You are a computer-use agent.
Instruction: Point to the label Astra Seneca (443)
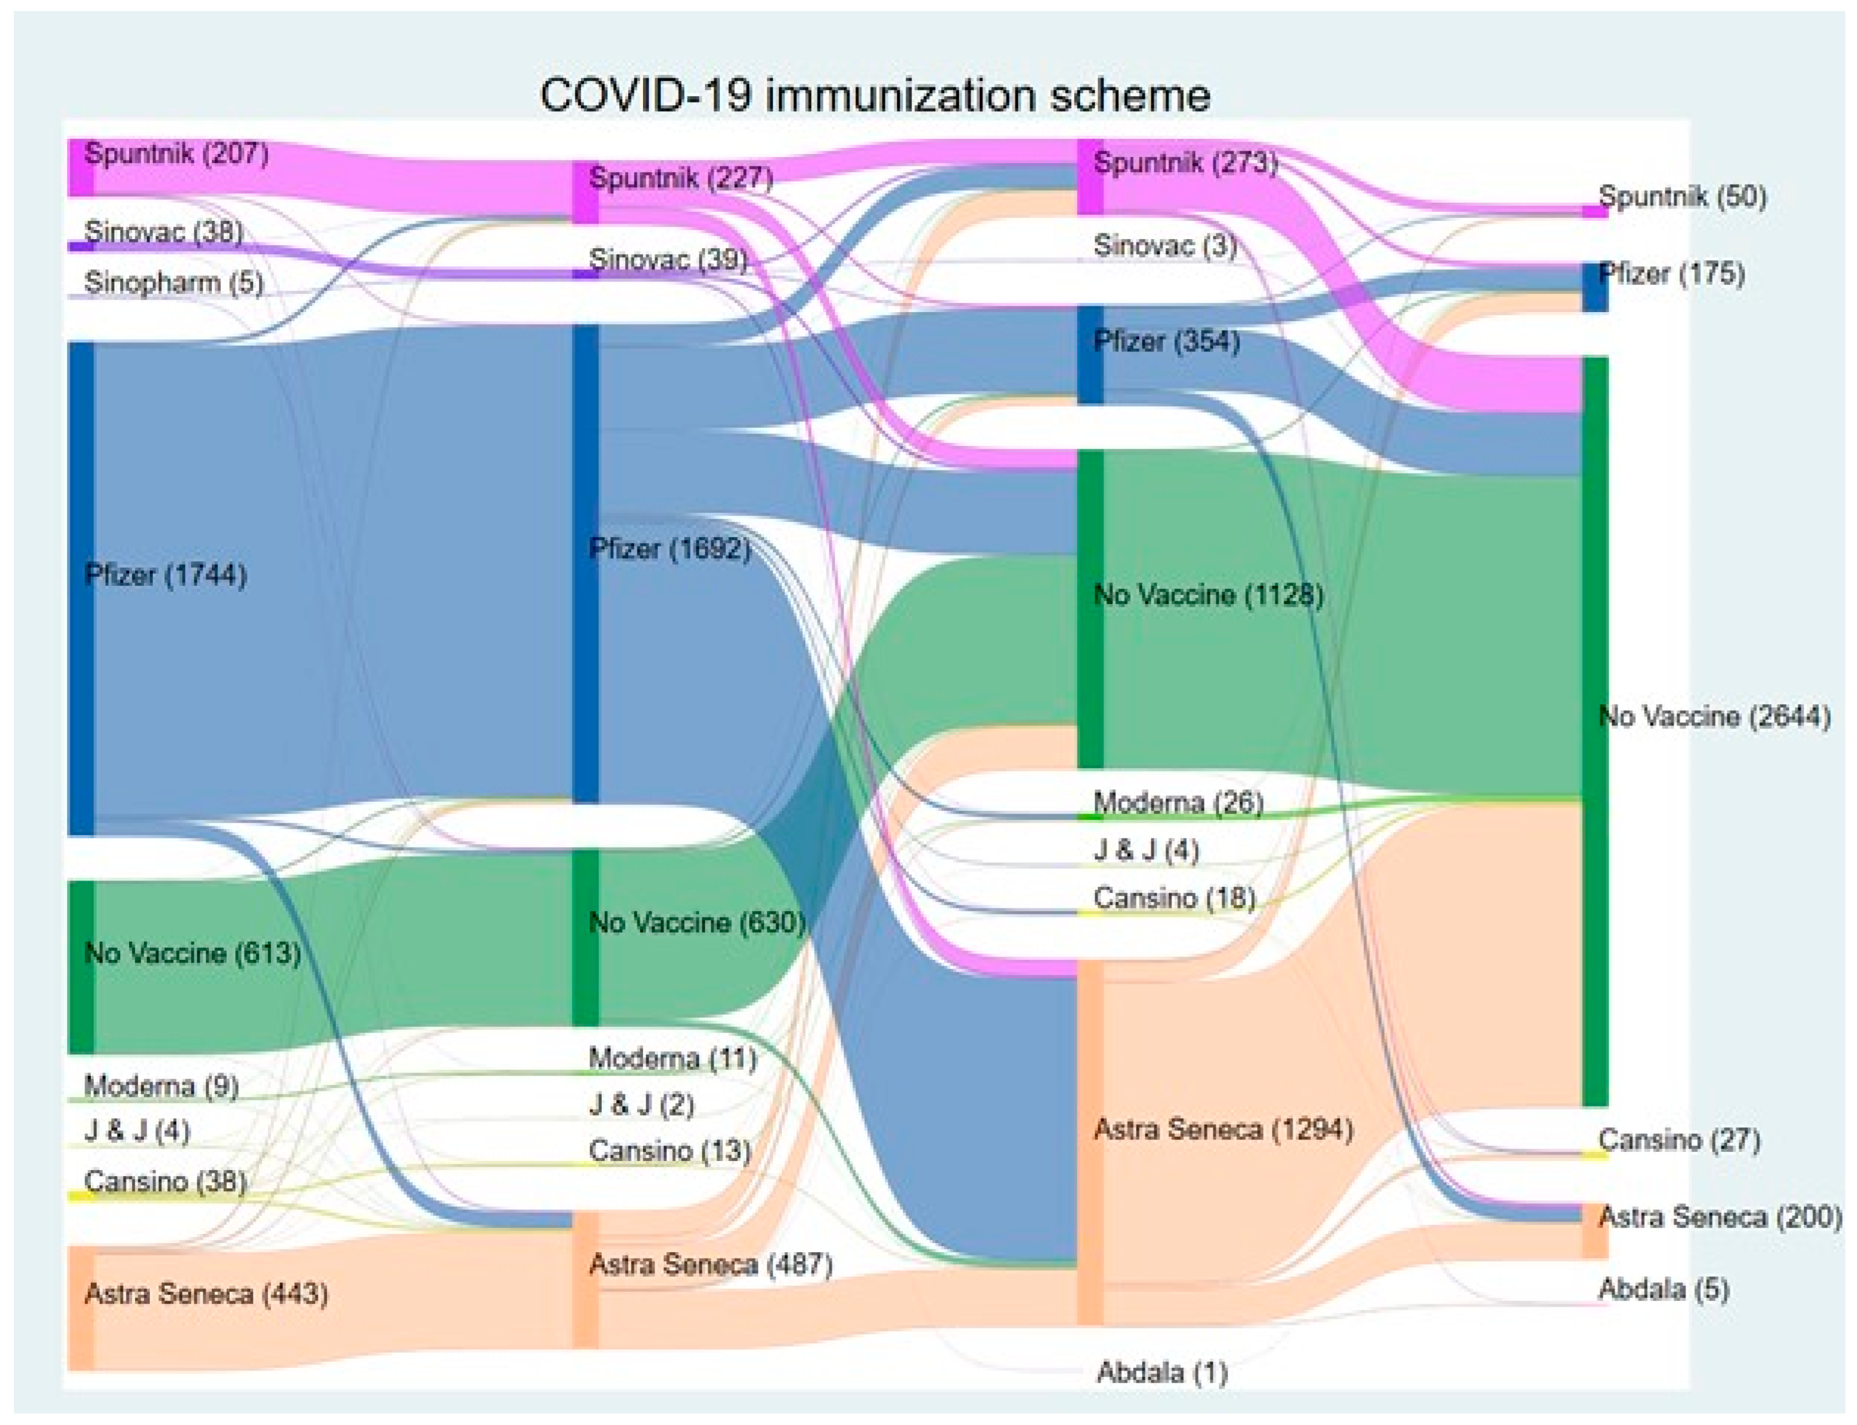click(x=206, y=1294)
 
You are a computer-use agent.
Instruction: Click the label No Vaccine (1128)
click(x=1208, y=595)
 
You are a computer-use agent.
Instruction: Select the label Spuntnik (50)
click(x=1683, y=197)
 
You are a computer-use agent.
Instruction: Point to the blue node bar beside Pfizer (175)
click(x=1595, y=288)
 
